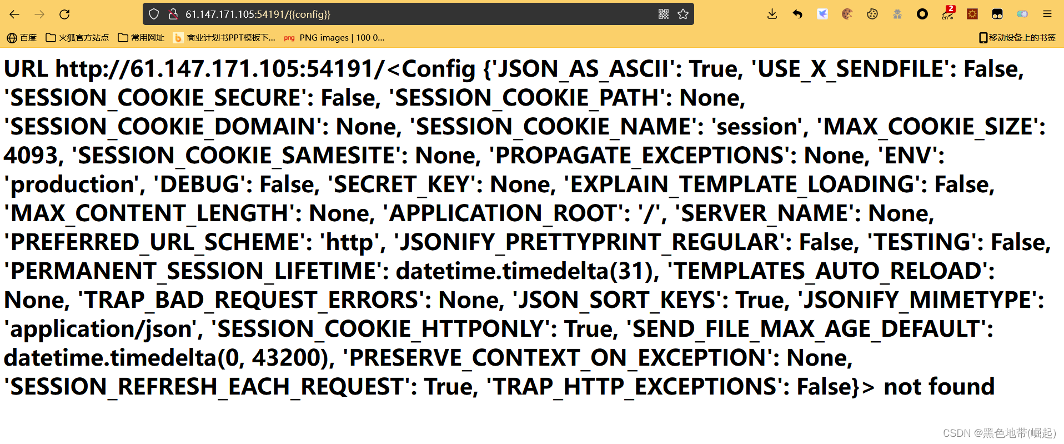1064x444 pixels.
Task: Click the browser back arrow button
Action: pos(14,14)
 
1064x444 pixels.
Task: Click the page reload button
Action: pos(64,14)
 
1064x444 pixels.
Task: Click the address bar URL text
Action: pos(258,14)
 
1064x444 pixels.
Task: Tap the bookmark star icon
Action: pos(683,14)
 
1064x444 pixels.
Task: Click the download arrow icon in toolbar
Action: pos(772,14)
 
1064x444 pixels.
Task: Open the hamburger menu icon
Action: pos(1047,14)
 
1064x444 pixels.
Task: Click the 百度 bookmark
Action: pos(22,38)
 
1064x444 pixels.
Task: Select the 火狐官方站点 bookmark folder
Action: pos(77,38)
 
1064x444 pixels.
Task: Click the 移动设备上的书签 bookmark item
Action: pos(1017,38)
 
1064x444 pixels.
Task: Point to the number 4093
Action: pos(31,156)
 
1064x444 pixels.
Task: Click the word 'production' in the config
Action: pos(74,184)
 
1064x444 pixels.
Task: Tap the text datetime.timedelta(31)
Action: pos(525,271)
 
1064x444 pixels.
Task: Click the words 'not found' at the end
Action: pos(939,387)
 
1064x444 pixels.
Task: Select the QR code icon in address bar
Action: pos(664,14)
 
